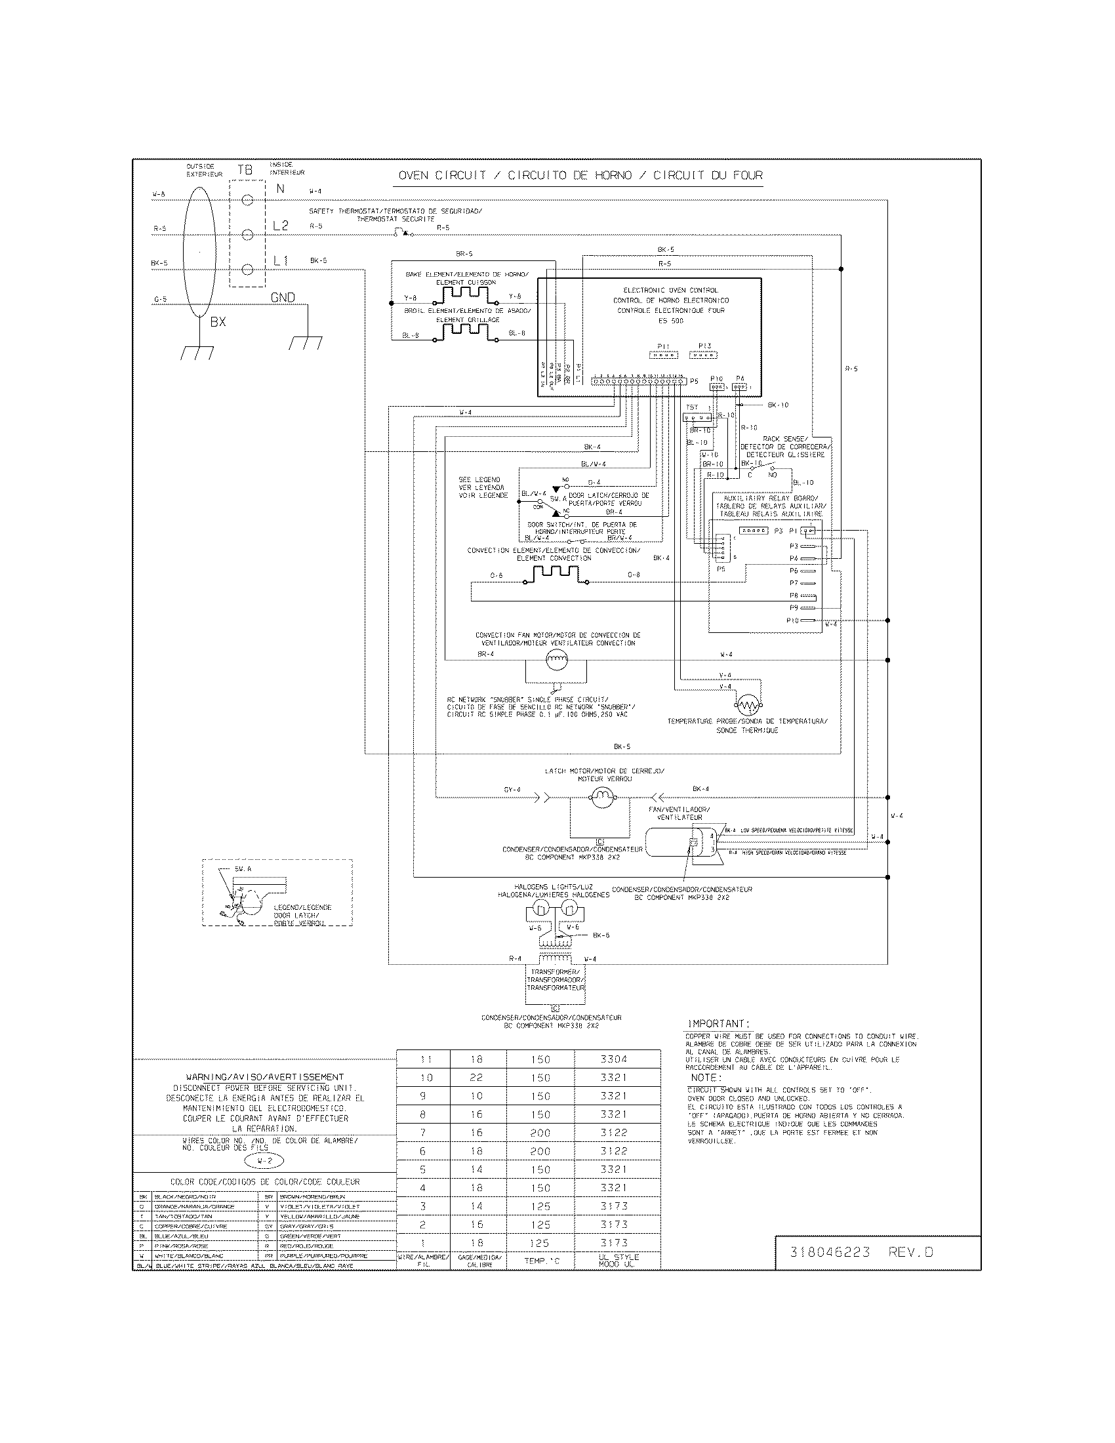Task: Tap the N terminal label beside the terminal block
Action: [x=280, y=188]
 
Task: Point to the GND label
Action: [x=283, y=298]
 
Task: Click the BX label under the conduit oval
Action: [x=218, y=322]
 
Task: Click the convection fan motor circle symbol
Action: [x=557, y=658]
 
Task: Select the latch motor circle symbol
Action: [x=601, y=799]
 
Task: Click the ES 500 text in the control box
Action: [x=670, y=321]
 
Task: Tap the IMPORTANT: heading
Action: [x=719, y=1023]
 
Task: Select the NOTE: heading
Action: [x=706, y=1078]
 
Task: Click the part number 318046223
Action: [x=830, y=1252]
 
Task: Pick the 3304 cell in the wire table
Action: [x=614, y=1059]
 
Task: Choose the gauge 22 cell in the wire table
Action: [x=476, y=1078]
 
